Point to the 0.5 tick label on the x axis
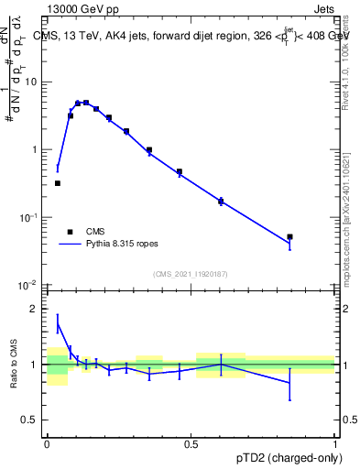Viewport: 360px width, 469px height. point(191,442)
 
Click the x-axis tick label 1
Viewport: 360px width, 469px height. point(335,442)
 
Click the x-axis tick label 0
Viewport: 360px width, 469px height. point(47,442)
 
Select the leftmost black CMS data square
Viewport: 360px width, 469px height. point(58,183)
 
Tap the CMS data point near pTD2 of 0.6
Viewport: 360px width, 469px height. point(221,201)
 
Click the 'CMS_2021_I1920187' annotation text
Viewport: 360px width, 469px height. point(191,274)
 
